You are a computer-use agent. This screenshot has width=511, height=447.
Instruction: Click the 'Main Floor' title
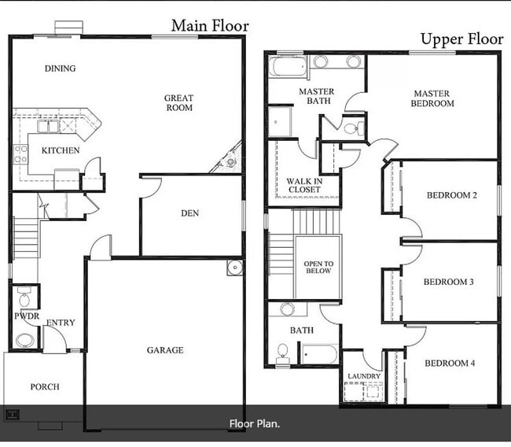click(210, 26)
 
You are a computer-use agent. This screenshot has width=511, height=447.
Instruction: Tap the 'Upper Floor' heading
click(462, 39)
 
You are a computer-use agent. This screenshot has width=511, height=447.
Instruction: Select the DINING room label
click(61, 68)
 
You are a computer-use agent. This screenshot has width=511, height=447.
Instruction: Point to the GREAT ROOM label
click(179, 103)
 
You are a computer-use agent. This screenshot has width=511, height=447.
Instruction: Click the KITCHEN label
click(61, 150)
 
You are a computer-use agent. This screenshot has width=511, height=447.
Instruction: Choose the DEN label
click(190, 213)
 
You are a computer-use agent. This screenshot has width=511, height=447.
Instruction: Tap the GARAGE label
click(165, 350)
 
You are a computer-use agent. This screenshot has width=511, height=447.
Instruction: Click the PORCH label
click(45, 386)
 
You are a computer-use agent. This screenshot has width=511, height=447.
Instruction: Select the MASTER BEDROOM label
click(432, 98)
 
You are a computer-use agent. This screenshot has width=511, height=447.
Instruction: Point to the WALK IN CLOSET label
click(304, 185)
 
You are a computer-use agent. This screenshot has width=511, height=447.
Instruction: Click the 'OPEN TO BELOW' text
click(318, 268)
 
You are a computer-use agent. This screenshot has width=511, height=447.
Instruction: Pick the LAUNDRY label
click(364, 376)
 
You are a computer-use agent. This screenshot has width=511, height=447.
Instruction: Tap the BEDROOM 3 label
click(448, 282)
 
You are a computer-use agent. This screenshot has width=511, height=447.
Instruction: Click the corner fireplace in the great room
click(230, 160)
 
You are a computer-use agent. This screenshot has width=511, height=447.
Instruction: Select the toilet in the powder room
click(24, 297)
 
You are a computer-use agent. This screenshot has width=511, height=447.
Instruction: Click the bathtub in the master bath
click(288, 66)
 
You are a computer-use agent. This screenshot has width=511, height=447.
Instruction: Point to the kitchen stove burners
click(20, 155)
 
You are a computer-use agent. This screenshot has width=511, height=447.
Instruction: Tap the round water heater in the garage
click(234, 268)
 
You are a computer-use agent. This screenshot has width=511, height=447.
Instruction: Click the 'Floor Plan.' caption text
click(255, 424)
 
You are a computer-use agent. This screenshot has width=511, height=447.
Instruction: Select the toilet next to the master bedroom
click(354, 127)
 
